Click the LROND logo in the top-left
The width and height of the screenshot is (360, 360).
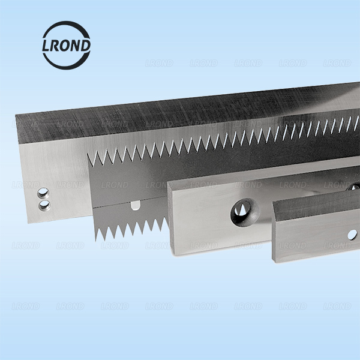67,45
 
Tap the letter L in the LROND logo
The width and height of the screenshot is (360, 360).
46,46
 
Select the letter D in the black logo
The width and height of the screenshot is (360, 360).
86,46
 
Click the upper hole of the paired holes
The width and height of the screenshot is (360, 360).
43,193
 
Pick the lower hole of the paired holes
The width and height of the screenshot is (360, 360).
44,205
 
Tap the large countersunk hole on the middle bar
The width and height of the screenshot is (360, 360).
245,212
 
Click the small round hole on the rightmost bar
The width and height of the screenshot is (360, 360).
352,235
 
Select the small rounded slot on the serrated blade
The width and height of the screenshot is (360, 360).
136,205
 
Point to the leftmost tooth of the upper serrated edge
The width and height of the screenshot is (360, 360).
91,159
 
